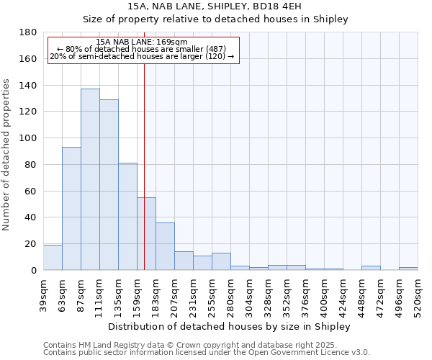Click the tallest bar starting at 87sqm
point(90,179)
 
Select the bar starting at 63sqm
point(71,208)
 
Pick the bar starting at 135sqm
point(127,216)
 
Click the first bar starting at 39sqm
point(53,257)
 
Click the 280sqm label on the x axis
point(231,294)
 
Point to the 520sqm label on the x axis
point(418,294)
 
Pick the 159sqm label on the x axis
point(138,294)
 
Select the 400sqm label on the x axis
point(325,294)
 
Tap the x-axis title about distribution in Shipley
point(230,326)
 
